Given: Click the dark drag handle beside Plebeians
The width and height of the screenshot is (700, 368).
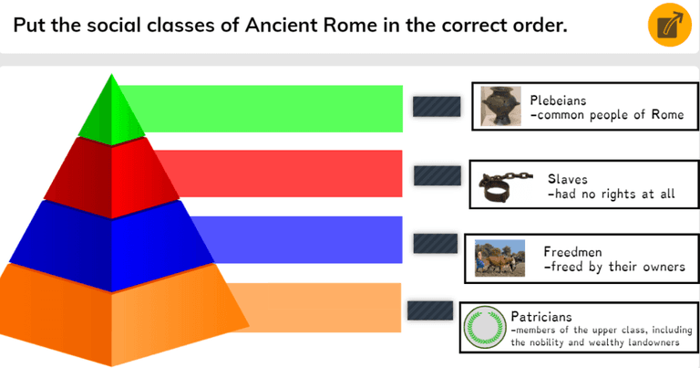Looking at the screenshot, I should (x=436, y=107).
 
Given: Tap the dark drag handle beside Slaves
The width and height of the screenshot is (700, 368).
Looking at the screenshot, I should (x=436, y=175).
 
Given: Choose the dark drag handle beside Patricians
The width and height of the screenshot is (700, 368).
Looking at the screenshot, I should (x=429, y=310).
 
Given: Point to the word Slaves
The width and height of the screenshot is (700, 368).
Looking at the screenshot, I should (x=567, y=179).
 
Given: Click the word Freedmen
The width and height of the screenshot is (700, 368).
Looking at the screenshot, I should (x=571, y=250).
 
